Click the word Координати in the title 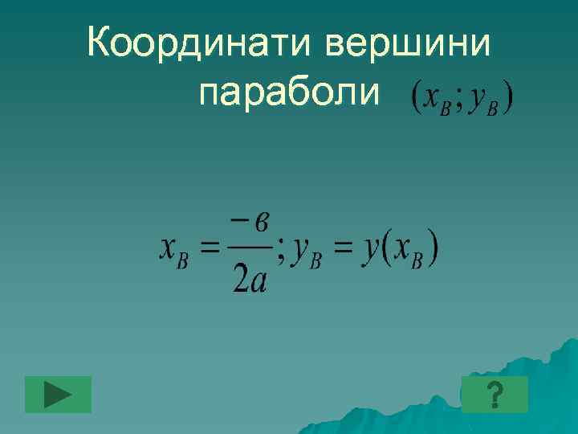(201, 42)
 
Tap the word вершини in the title (408, 42)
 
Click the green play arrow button (58, 394)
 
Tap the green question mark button (495, 394)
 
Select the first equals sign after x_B (210, 251)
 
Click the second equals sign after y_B (344, 251)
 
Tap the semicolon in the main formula (279, 255)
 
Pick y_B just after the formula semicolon (306, 254)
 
